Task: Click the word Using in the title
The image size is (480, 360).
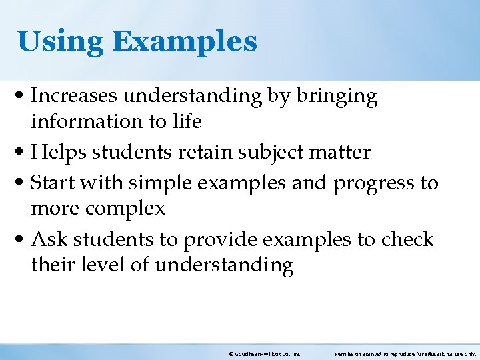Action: click(x=60, y=41)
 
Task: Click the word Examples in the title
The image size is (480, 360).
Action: click(x=185, y=41)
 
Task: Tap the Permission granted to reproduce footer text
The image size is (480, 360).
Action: click(x=405, y=354)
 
